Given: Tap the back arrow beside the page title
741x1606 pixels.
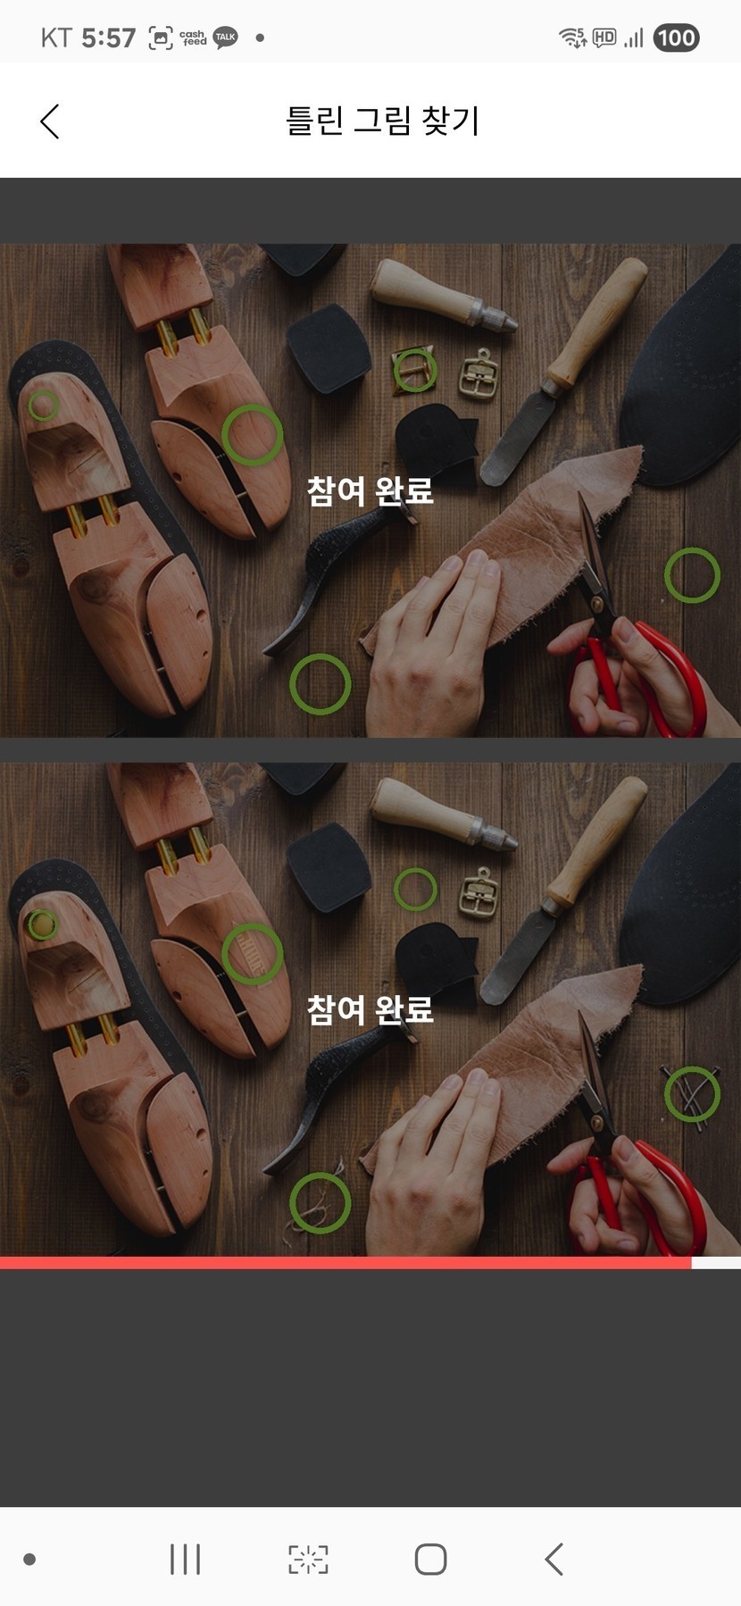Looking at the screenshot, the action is click(x=50, y=121).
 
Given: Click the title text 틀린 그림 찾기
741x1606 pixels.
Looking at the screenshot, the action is click(x=383, y=121).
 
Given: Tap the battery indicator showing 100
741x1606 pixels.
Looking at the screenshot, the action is click(x=676, y=38).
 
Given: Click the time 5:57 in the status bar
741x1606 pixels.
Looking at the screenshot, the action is click(x=108, y=38).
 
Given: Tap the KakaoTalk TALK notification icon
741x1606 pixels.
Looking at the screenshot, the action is click(x=226, y=38).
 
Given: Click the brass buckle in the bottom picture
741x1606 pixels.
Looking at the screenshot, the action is click(x=480, y=892).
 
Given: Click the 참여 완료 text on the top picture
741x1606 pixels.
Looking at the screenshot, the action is click(x=370, y=490).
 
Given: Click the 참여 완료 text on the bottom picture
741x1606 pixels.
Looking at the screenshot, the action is click(x=370, y=1009).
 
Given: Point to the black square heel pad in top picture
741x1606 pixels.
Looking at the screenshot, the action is click(x=329, y=347).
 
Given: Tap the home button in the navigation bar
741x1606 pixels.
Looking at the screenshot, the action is click(x=430, y=1560).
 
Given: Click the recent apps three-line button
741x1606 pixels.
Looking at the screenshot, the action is click(x=185, y=1560).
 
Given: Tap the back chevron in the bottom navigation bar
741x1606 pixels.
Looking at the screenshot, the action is click(x=554, y=1560).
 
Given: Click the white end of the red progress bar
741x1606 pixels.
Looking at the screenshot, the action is click(x=716, y=1263).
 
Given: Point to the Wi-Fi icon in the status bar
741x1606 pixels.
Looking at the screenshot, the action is click(x=572, y=38).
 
